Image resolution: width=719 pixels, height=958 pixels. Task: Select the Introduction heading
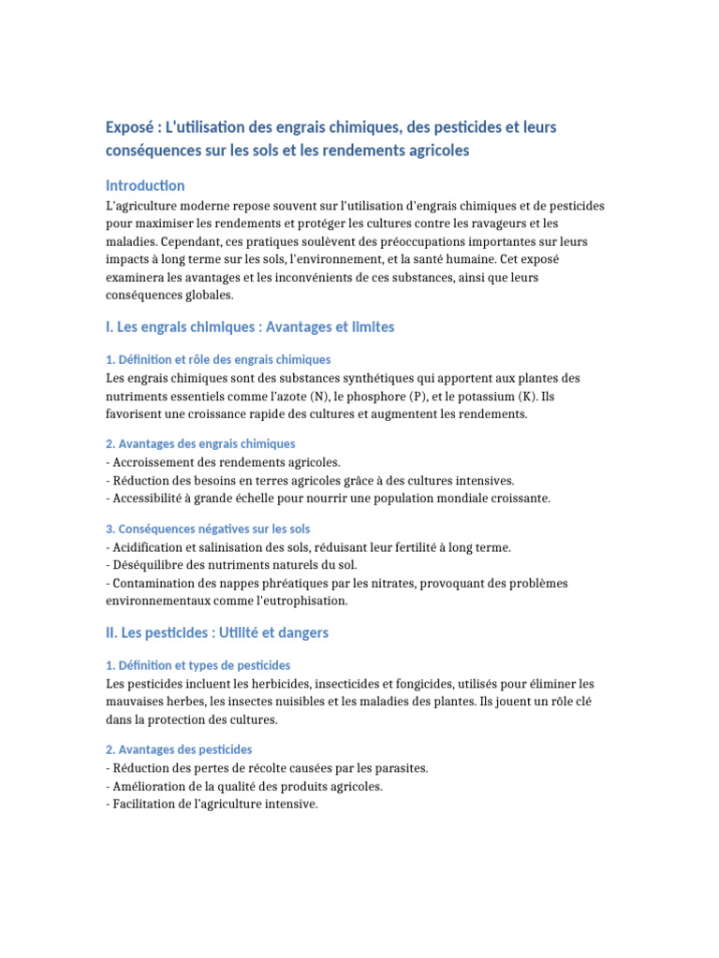(x=145, y=185)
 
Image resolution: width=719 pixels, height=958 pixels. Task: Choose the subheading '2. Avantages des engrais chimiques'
(x=200, y=443)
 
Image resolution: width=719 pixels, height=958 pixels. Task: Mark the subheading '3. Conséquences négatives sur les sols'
(x=208, y=529)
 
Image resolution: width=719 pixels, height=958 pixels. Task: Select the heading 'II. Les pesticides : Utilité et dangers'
(x=217, y=633)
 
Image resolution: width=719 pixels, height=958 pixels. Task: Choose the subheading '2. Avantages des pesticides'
(x=179, y=749)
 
